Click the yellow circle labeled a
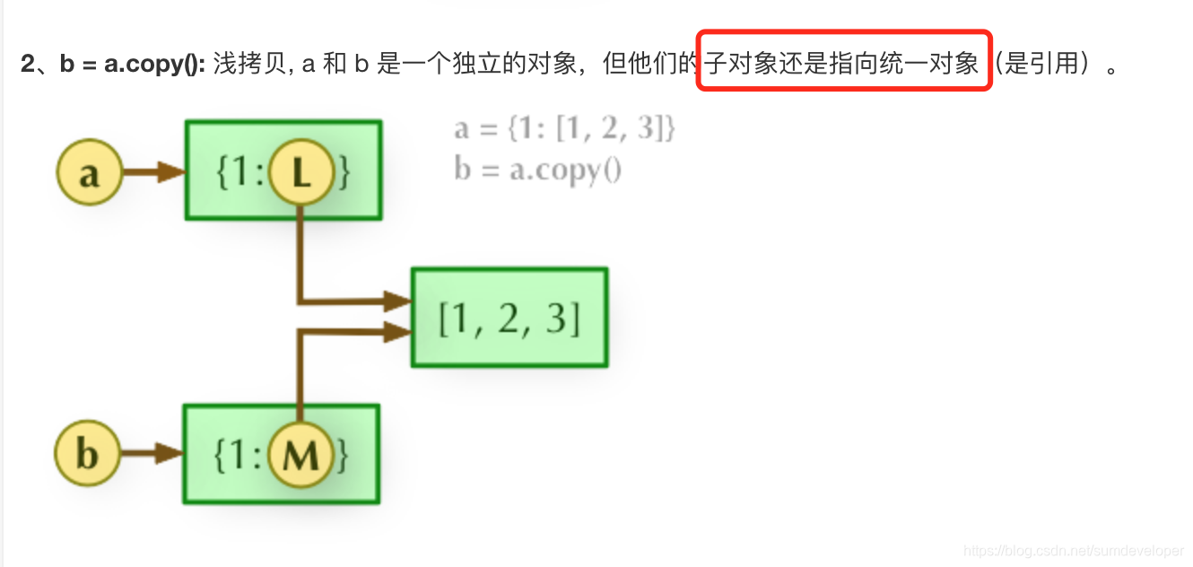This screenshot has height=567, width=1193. [88, 171]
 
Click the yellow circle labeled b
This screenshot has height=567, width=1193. [87, 453]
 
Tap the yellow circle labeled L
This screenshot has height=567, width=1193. [300, 172]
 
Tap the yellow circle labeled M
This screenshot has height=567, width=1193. [300, 455]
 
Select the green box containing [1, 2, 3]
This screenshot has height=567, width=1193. [509, 318]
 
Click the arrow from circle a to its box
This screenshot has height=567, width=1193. [152, 171]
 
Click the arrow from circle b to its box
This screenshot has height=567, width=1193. [151, 453]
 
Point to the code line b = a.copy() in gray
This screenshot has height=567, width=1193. [537, 169]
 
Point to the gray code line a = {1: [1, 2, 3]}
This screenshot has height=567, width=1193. [564, 129]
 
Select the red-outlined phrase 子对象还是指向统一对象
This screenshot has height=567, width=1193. [842, 64]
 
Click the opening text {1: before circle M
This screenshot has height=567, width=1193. [238, 455]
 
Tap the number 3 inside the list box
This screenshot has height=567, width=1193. [557, 318]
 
